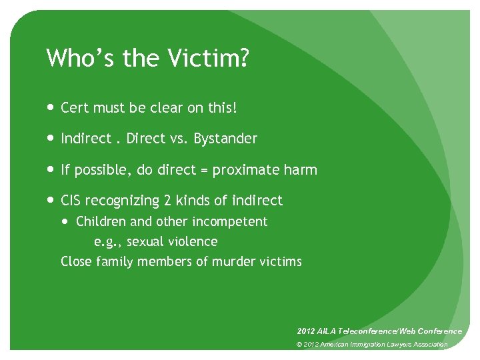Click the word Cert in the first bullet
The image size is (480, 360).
(x=74, y=107)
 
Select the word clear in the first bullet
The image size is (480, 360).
(x=177, y=107)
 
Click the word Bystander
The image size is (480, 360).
(x=225, y=139)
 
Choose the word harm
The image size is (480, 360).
(x=301, y=170)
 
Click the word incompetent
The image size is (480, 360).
(x=229, y=221)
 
